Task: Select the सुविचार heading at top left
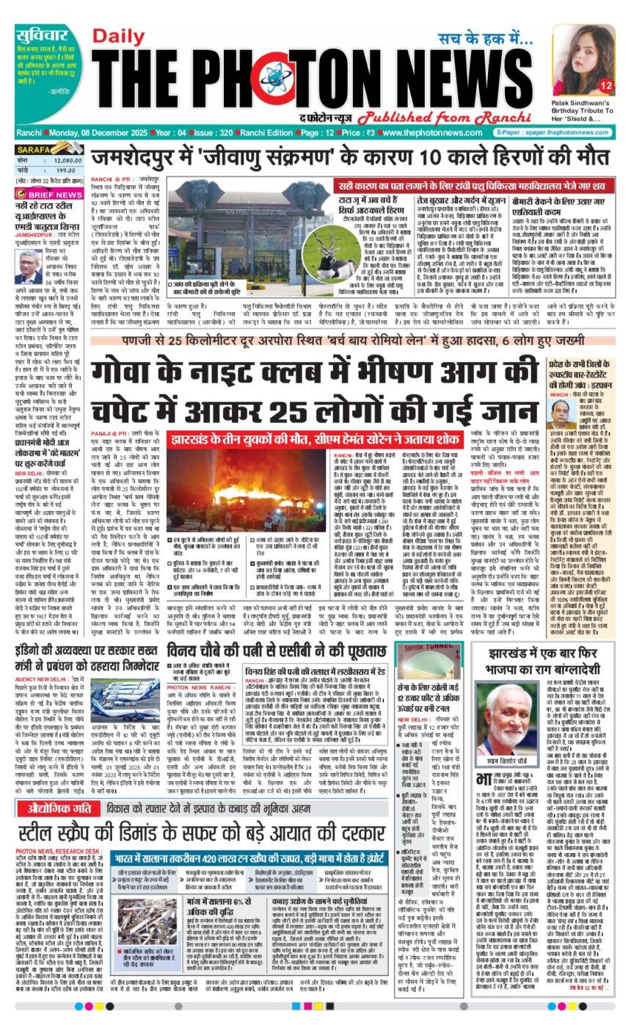click(x=43, y=34)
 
